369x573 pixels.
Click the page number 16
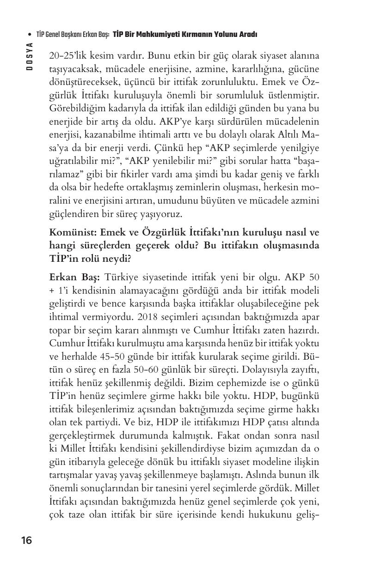(x=26, y=540)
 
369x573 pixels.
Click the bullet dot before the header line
(x=30, y=35)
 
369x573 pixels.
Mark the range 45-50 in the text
(x=105, y=357)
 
